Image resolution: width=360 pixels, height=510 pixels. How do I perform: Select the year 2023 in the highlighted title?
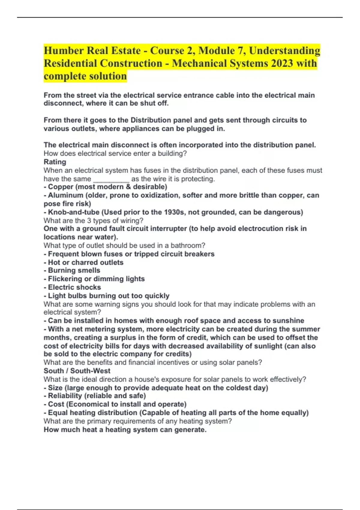pyautogui.click(x=279, y=63)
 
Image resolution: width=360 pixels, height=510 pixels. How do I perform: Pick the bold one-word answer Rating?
pyautogui.click(x=55, y=162)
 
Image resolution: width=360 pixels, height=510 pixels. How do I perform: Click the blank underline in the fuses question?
pyautogui.click(x=111, y=179)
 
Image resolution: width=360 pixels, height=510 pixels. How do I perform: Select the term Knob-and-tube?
pyautogui.click(x=74, y=212)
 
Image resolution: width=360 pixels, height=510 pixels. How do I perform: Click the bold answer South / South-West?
pyautogui.click(x=77, y=371)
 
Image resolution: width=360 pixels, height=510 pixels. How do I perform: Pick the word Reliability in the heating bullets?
pyautogui.click(x=65, y=396)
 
